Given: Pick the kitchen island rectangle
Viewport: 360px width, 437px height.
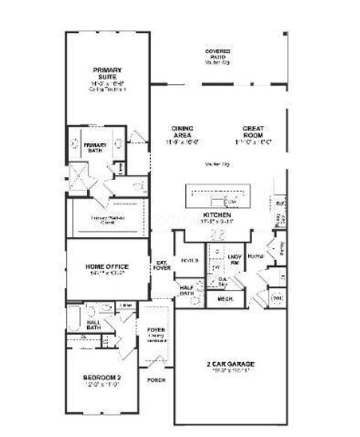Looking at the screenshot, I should pyautogui.click(x=222, y=198).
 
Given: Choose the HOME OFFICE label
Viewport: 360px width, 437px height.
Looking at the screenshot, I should pyautogui.click(x=107, y=267).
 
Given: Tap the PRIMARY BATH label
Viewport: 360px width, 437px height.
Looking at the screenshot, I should pyautogui.click(x=95, y=148).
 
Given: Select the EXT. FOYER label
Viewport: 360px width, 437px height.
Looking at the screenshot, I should pyautogui.click(x=161, y=265).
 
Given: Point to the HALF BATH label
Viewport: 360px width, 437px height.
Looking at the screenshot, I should pyautogui.click(x=186, y=290).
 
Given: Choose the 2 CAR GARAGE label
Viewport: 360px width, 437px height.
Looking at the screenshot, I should pyautogui.click(x=232, y=367).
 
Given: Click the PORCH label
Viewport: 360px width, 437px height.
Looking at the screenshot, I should pyautogui.click(x=156, y=380).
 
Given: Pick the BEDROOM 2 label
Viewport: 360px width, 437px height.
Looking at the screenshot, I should pyautogui.click(x=101, y=380).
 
